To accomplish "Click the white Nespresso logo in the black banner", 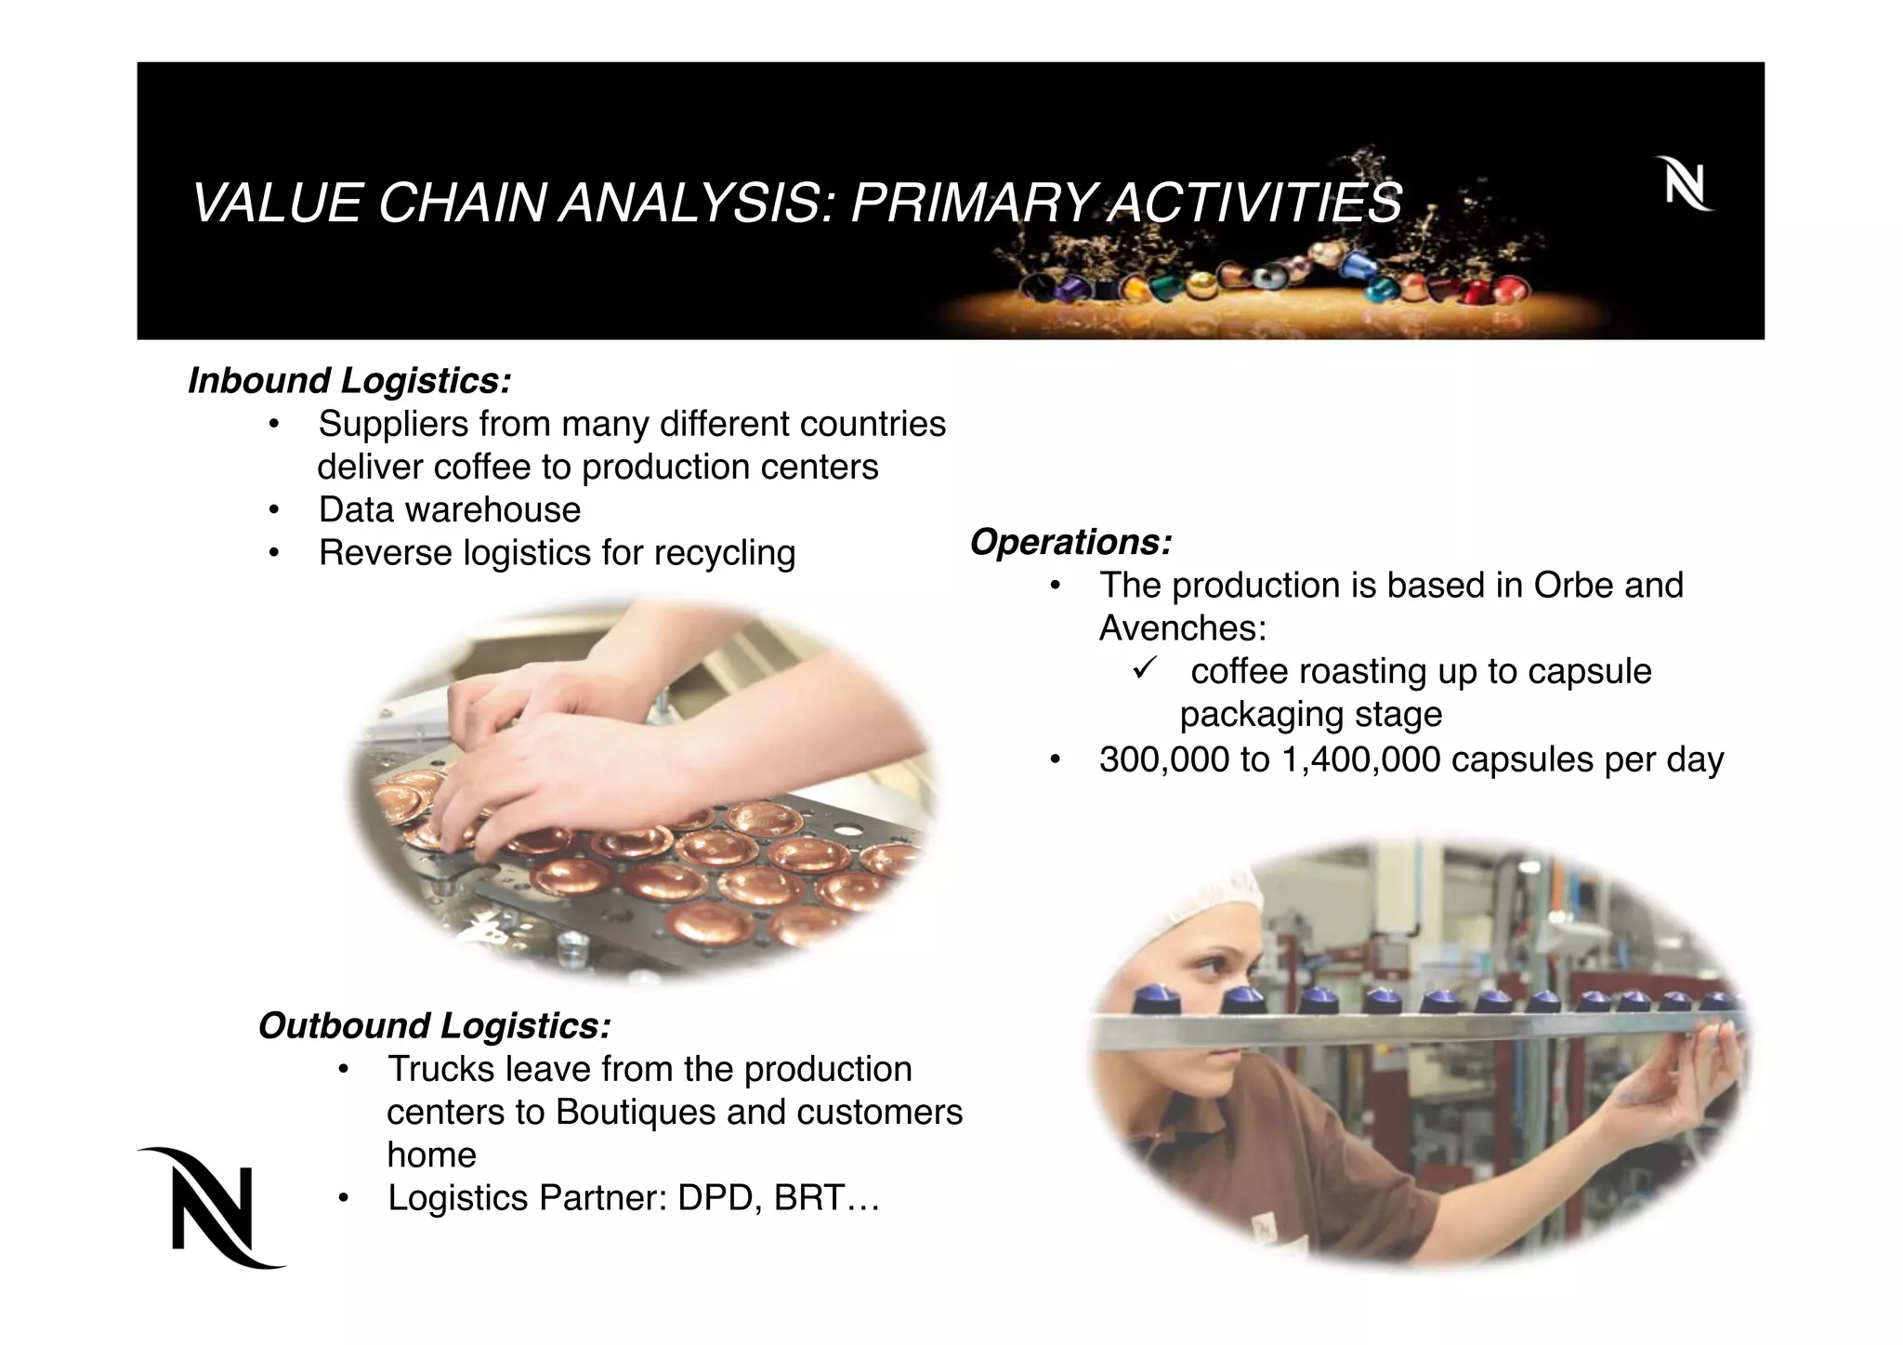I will pos(1684,184).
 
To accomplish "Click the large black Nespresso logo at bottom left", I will pos(213,1207).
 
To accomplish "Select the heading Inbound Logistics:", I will pos(349,381).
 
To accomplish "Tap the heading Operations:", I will pos(1070,542).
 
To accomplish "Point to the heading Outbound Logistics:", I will pos(434,1026).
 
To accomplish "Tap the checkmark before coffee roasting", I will pos(1144,667).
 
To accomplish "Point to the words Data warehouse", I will pos(450,510).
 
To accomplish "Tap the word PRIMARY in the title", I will pos(974,203).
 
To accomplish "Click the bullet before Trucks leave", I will pos(343,1070).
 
